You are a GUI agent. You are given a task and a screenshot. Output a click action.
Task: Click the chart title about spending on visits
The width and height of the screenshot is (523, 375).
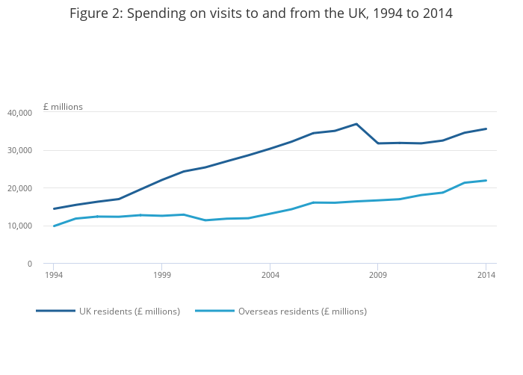click(x=261, y=13)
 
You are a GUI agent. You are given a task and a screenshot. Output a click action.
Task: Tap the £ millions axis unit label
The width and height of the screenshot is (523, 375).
click(x=63, y=107)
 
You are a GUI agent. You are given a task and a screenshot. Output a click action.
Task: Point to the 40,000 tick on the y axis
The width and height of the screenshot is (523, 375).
click(x=19, y=113)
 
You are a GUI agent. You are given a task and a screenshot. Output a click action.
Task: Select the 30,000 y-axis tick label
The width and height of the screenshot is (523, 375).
click(x=19, y=150)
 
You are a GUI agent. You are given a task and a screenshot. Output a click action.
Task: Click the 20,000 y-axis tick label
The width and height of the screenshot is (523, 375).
click(x=19, y=188)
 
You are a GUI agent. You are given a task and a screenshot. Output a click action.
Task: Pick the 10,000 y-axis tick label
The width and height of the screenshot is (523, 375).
click(x=19, y=226)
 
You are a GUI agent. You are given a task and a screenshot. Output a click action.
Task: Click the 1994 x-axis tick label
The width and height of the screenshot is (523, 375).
click(x=54, y=276)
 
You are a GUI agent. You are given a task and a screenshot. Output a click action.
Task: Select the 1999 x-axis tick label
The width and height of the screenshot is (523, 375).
click(x=162, y=276)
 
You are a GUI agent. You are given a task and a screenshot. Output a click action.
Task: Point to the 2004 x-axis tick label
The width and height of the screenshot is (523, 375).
click(x=270, y=276)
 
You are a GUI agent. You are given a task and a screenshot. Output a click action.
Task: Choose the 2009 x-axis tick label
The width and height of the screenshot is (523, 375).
click(x=378, y=276)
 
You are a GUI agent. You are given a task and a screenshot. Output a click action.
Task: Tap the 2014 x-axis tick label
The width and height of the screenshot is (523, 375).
click(x=486, y=276)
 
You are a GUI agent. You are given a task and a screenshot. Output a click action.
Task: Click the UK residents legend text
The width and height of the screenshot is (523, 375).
click(x=129, y=312)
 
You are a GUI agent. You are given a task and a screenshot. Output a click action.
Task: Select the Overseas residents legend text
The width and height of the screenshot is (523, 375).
click(x=302, y=312)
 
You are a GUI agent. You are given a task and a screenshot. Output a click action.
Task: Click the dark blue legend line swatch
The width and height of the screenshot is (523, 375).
click(x=56, y=311)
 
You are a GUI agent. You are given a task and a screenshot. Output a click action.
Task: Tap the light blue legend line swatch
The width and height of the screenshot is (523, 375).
click(x=214, y=311)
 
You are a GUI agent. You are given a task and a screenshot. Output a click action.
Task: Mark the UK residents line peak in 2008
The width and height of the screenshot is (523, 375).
click(x=356, y=124)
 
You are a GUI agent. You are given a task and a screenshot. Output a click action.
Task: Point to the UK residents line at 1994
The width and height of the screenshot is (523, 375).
click(x=54, y=208)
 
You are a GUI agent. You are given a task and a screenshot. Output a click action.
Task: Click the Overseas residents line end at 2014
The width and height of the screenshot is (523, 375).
click(x=486, y=180)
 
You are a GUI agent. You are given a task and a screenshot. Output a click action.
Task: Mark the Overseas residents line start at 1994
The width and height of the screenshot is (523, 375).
click(x=54, y=226)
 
